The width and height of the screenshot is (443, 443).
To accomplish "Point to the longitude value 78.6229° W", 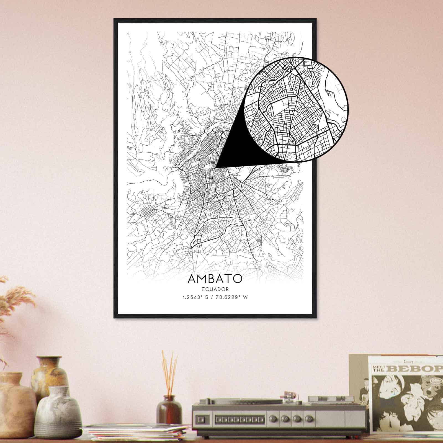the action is coord(232,298).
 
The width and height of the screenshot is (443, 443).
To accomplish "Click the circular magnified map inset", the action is coord(296,109).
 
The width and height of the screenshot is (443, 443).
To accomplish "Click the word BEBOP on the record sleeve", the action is coord(418,369).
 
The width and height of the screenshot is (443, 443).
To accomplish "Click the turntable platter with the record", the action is coord(238,401).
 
